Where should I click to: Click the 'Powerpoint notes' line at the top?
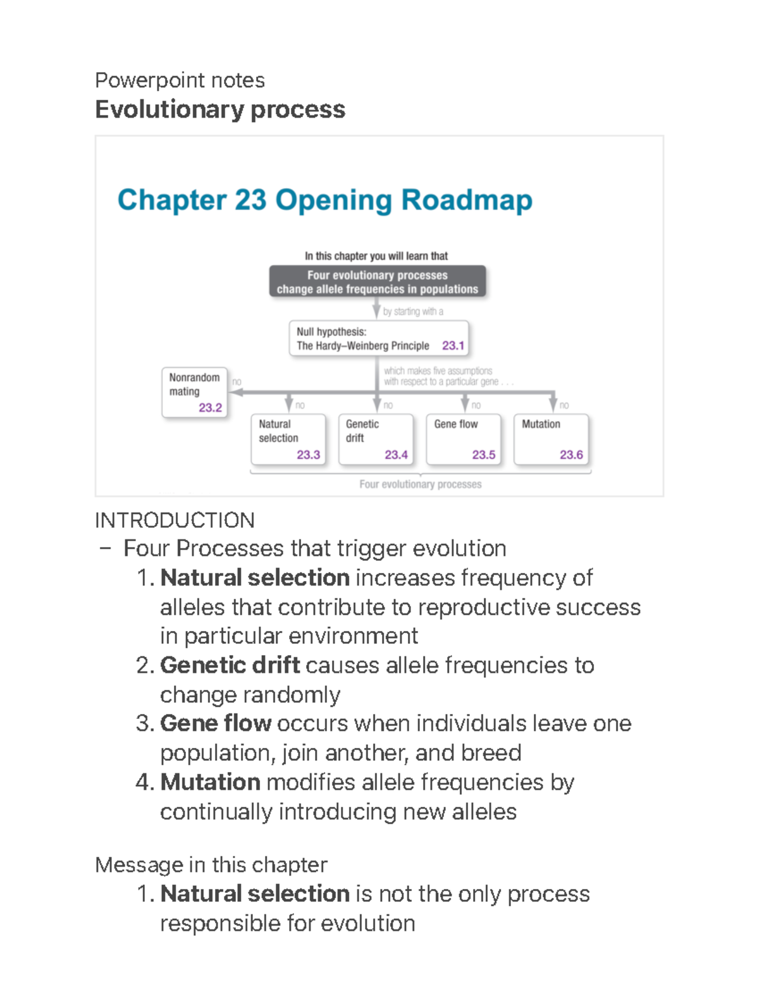180,80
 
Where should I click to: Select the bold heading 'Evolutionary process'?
219,109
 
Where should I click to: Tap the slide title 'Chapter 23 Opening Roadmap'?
324,200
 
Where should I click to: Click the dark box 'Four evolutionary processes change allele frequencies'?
378,282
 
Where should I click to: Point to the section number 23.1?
453,346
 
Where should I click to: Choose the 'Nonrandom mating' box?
194,392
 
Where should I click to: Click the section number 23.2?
210,408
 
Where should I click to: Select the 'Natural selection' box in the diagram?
288,439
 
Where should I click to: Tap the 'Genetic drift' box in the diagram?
376,439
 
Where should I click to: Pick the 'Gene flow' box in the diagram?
463,439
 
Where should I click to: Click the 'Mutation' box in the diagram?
551,439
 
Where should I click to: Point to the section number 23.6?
571,455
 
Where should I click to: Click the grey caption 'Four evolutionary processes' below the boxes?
420,484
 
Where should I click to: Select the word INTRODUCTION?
175,520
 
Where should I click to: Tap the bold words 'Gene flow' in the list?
216,723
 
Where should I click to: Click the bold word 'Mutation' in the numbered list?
210,782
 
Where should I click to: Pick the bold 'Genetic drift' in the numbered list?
230,665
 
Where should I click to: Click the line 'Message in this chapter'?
211,864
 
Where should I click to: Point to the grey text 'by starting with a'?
413,311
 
